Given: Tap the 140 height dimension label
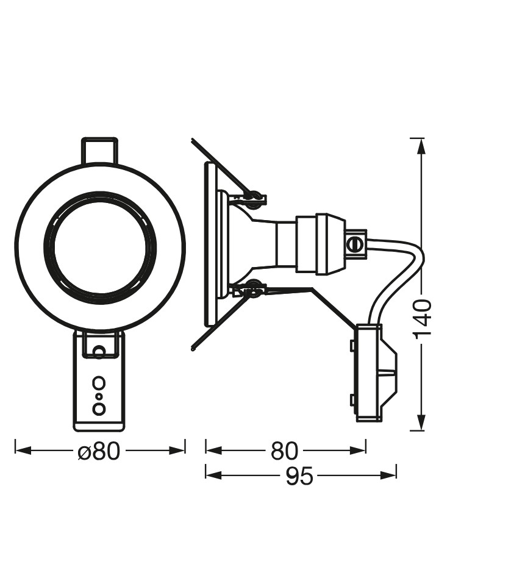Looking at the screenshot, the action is [423, 318].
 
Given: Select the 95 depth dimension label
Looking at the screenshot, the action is [299, 476].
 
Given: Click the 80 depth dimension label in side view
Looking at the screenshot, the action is [284, 451].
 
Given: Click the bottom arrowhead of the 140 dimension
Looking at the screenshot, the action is [421, 422].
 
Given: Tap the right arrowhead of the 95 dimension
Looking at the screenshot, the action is [388, 475].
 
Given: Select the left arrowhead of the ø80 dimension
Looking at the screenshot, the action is [23, 451].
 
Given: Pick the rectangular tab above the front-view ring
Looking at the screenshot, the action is [99, 150].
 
